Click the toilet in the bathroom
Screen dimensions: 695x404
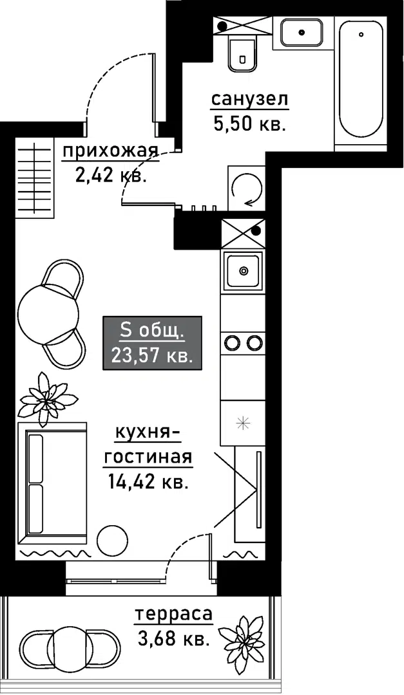(x=243, y=53)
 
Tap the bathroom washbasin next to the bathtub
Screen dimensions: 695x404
(x=302, y=32)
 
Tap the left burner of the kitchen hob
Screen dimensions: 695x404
(x=232, y=343)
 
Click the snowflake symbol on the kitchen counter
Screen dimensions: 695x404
(x=242, y=423)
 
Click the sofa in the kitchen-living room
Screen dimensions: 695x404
(x=55, y=482)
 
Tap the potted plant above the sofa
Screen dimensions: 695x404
(x=47, y=399)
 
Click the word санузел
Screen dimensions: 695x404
(x=249, y=100)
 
